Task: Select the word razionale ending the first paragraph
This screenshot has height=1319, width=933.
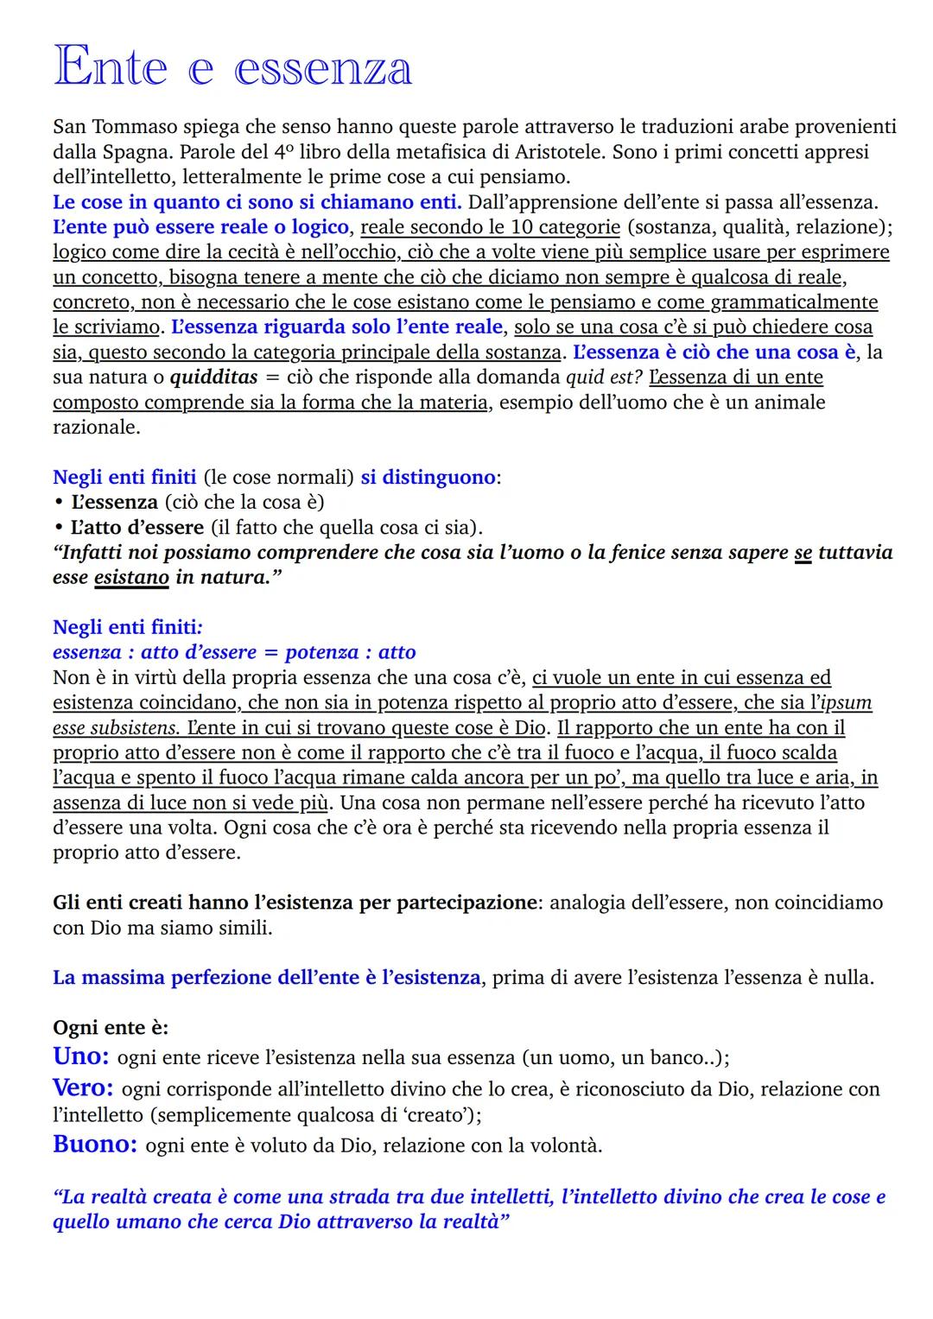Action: click(x=96, y=428)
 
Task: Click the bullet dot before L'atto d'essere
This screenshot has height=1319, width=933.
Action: click(x=58, y=528)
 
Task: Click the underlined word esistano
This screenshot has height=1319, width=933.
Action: click(x=131, y=578)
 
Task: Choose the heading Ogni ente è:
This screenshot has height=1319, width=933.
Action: click(x=111, y=1028)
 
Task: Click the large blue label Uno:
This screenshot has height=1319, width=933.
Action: click(x=80, y=1056)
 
